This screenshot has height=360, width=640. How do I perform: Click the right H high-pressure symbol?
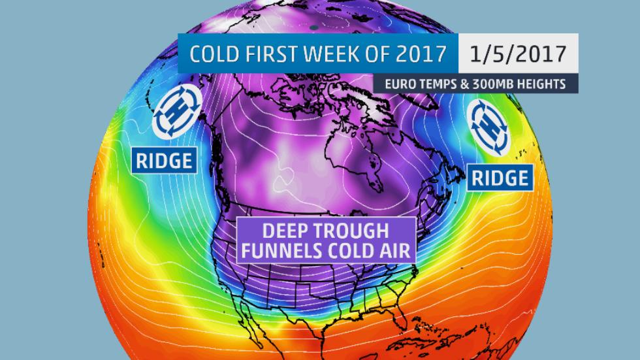click(491, 128)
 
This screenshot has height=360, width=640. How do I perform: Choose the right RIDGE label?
click(500, 176)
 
